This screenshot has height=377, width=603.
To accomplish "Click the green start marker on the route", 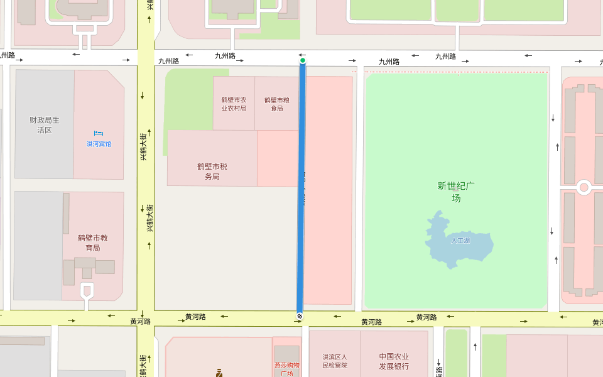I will tap(303, 61).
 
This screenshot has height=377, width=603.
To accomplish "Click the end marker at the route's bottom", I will tap(300, 316).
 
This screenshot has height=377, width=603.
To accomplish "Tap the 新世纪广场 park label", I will tap(456, 192).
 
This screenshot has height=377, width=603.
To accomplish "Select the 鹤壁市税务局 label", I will tap(212, 172).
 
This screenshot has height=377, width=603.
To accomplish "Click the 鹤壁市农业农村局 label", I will tap(234, 104).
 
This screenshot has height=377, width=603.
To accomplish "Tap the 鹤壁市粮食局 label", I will tap(277, 104).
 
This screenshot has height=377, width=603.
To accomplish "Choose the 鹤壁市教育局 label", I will tap(93, 243).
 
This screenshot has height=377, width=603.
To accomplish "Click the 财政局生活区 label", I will tap(44, 125).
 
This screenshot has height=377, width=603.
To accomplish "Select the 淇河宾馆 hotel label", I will tap(99, 144).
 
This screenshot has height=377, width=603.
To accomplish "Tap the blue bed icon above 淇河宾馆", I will tap(98, 133).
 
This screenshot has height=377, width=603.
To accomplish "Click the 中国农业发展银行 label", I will tap(394, 361).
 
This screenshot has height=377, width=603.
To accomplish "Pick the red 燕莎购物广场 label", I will tap(286, 369).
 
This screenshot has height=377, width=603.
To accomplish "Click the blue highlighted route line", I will tap(301, 188).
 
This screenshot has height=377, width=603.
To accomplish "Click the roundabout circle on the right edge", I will tap(584, 187).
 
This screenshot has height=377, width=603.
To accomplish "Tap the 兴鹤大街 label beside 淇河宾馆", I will tap(143, 146).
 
